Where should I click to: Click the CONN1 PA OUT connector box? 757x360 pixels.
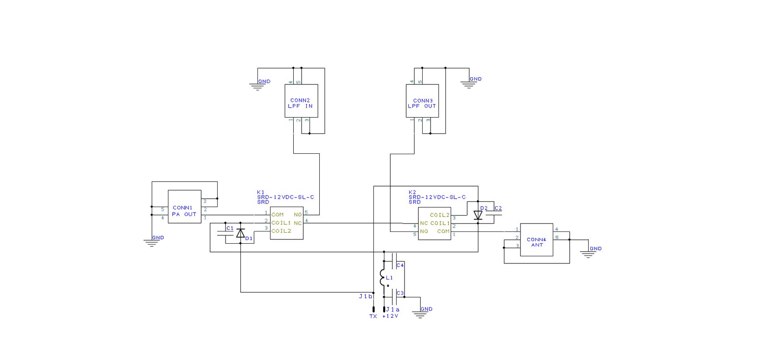pyautogui.click(x=185, y=207)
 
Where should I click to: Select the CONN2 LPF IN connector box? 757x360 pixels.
pyautogui.click(x=301, y=101)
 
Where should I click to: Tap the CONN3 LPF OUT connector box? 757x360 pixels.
pyautogui.click(x=422, y=101)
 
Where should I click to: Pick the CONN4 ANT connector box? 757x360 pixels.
pyautogui.click(x=536, y=240)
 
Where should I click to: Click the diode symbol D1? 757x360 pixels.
pyautogui.click(x=241, y=233)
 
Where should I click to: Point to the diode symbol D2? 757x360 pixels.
pyautogui.click(x=478, y=215)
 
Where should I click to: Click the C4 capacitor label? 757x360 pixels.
pyautogui.click(x=400, y=265)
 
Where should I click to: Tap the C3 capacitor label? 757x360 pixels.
pyautogui.click(x=400, y=293)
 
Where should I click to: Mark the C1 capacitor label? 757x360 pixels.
pyautogui.click(x=230, y=228)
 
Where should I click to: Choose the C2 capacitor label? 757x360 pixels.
pyautogui.click(x=498, y=208)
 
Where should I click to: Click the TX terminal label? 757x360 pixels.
pyautogui.click(x=373, y=316)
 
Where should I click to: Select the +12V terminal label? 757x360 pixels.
pyautogui.click(x=390, y=316)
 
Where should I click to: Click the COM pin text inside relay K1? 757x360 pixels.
pyautogui.click(x=278, y=215)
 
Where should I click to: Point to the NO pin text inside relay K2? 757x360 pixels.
pyautogui.click(x=424, y=231)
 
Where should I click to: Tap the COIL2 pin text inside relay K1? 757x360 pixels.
pyautogui.click(x=281, y=231)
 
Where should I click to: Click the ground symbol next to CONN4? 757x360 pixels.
pyautogui.click(x=588, y=254)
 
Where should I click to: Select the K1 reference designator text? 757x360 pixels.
pyautogui.click(x=261, y=192)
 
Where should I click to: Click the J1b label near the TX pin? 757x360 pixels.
pyautogui.click(x=365, y=296)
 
